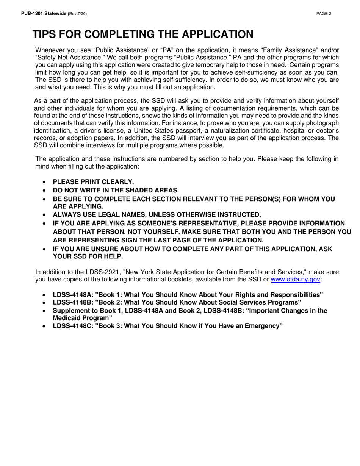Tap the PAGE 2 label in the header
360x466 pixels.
[x=324, y=14]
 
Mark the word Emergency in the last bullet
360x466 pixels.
[x=263, y=326]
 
